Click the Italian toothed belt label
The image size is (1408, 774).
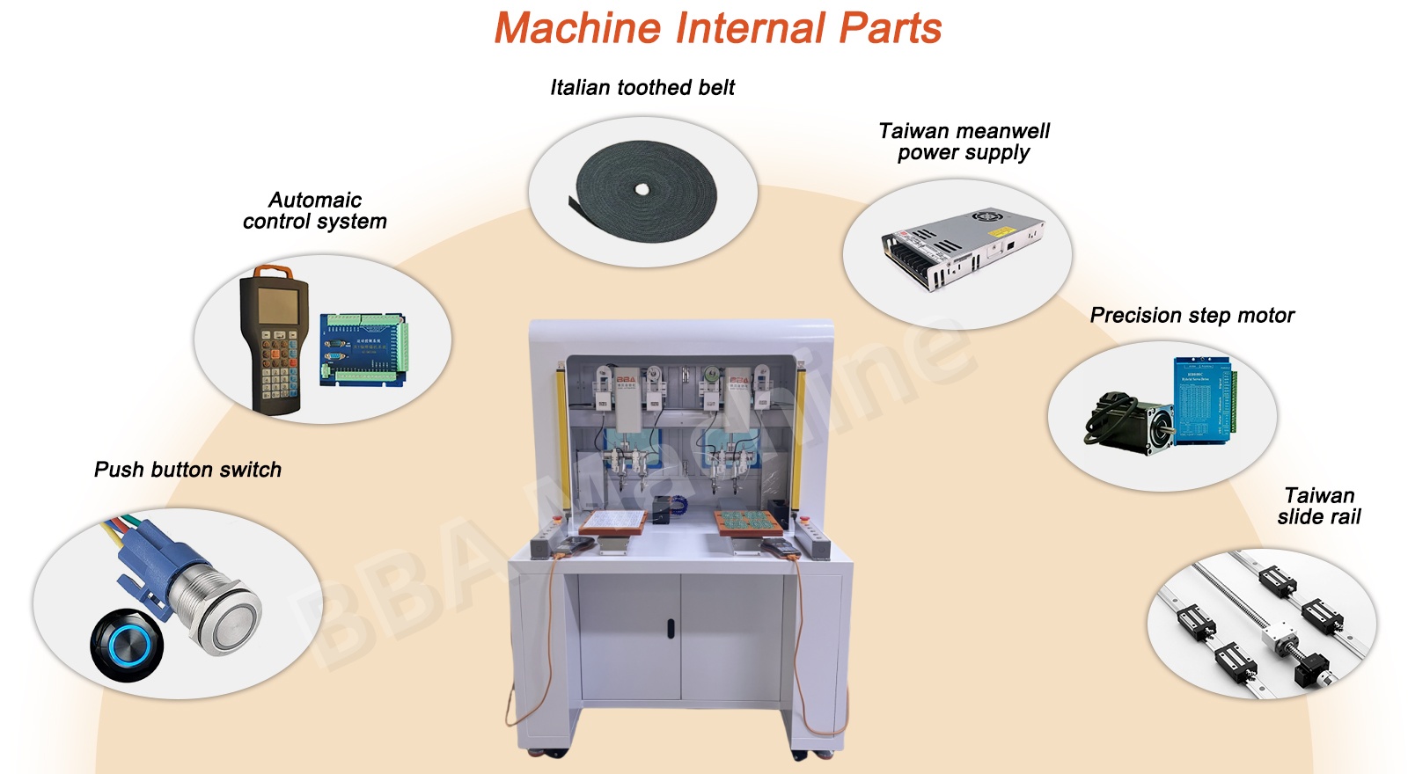pos(642,87)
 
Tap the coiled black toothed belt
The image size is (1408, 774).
pos(646,190)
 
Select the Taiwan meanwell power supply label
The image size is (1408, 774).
pos(964,142)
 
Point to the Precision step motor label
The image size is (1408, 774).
pos(1192,315)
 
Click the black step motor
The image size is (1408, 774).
pos(1131,423)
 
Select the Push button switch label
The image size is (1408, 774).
pos(187,470)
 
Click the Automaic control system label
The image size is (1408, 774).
pos(315,210)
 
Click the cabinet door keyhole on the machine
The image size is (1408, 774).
pos(670,629)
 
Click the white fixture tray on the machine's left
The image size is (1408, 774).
pos(612,521)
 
